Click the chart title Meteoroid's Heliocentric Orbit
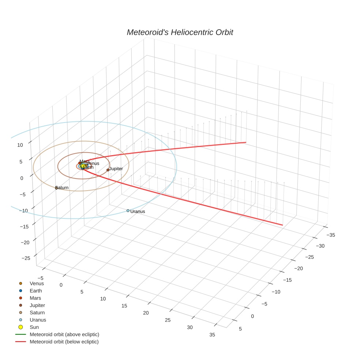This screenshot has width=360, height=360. point(180,32)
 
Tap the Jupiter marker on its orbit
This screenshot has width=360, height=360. point(108,170)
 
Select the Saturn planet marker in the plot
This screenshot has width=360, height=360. point(56,188)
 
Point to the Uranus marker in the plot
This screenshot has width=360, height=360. point(128,211)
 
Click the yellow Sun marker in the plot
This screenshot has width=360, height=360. point(83,167)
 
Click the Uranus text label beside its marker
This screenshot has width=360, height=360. point(138,211)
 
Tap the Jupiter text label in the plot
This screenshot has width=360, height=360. point(116,169)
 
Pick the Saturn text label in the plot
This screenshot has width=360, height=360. point(62,188)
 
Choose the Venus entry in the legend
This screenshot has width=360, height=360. point(37,283)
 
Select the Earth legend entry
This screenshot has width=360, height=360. point(36,290)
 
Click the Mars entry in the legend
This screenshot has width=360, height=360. point(35,298)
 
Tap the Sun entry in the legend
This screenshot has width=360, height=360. point(34,327)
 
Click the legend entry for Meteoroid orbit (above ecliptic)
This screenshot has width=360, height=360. point(64,334)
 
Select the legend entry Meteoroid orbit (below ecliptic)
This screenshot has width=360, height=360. point(64,342)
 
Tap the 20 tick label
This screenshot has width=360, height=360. point(146,313)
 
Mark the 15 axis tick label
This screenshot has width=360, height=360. point(124,305)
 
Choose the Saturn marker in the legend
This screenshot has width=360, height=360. point(20,312)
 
